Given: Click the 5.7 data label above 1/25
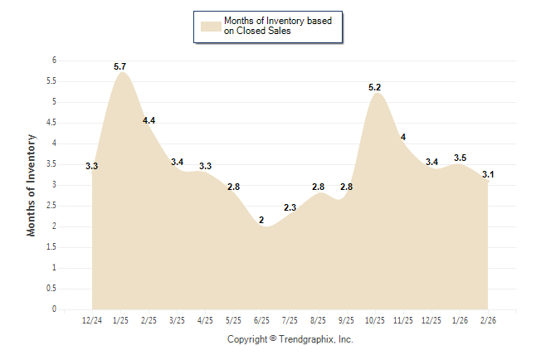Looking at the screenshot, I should coord(120,66).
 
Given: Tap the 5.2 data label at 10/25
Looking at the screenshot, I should coord(375,87).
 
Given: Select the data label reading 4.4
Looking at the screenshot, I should coord(149,120).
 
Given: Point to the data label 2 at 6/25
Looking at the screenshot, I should coord(261,220).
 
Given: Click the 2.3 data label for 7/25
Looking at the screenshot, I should coord(290,207).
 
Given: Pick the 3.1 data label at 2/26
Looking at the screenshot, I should coord(488,174).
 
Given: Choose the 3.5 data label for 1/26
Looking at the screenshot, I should coord(460,158).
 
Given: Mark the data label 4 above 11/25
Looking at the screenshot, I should coord(403,137).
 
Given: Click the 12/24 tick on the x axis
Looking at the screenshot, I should coord(92,320).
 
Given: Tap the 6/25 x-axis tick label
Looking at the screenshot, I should coord(261,320).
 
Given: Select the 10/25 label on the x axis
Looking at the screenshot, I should coord(375,320).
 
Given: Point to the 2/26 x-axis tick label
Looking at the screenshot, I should coord(488,320).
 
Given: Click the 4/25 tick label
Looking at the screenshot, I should coord(205,320).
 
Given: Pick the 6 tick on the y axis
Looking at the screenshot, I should coord(54,61).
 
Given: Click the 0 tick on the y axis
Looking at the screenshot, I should coord(54,309).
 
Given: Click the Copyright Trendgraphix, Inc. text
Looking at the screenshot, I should coord(290,339).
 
